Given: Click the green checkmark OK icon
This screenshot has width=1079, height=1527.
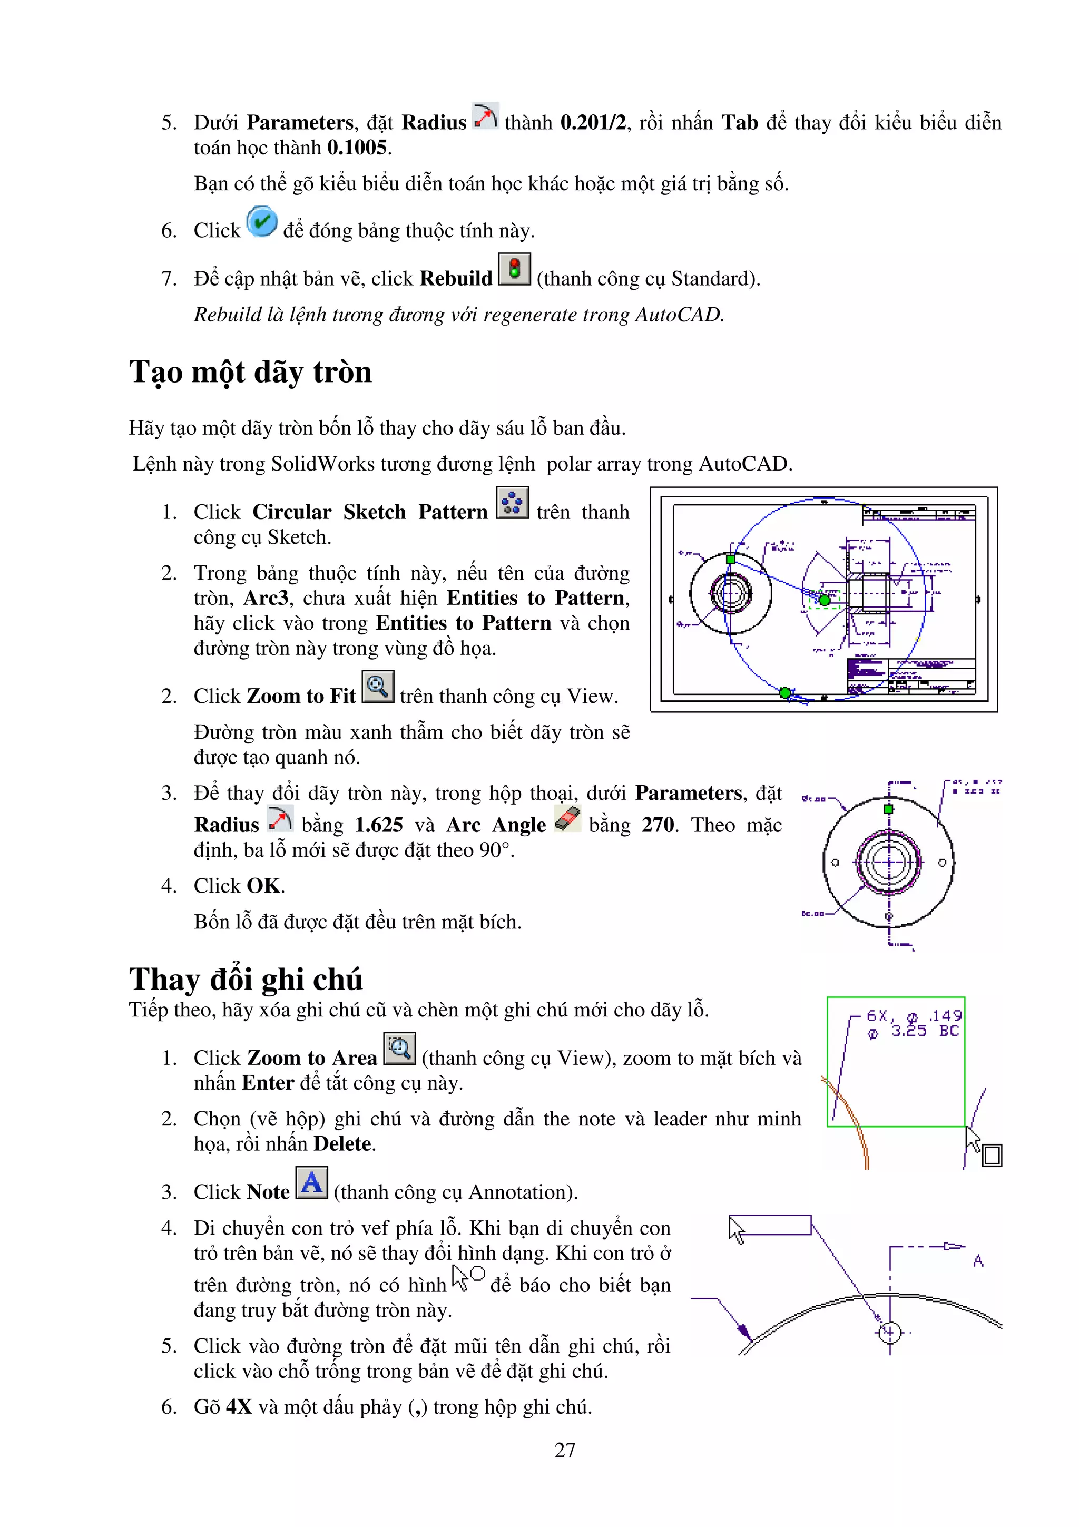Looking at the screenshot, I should tap(261, 222).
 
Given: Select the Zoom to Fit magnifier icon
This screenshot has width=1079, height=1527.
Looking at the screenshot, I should tap(378, 687).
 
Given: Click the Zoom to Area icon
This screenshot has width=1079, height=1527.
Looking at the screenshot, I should tap(399, 1049).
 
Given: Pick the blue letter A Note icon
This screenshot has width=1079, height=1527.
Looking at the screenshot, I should tap(311, 1182).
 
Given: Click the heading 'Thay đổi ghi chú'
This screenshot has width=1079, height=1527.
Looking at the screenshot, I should tap(246, 979).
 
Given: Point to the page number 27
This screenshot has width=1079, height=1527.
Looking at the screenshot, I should tap(564, 1450).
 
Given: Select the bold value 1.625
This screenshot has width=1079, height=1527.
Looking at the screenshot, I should tap(378, 825).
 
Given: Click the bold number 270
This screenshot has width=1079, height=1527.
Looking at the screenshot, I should tap(657, 825).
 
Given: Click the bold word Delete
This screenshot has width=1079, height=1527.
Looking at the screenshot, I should tap(343, 1144).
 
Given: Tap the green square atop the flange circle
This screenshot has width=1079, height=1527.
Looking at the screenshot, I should tap(888, 809).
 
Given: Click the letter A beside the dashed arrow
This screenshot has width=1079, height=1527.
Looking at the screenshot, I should tap(978, 1260).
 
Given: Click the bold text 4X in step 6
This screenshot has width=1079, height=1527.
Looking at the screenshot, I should tap(239, 1407).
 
